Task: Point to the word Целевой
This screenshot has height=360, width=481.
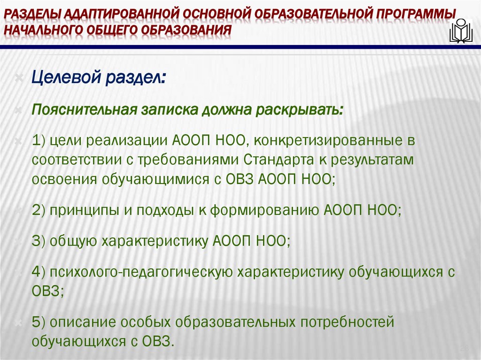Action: [66, 77]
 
